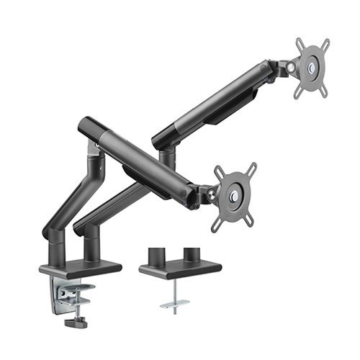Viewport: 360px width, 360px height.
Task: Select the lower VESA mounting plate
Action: click(x=234, y=196)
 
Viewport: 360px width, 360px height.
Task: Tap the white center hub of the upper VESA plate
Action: click(x=312, y=68)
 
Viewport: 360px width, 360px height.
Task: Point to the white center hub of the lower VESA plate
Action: click(x=235, y=197)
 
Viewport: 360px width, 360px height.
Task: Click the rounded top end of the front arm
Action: click(x=86, y=124)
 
